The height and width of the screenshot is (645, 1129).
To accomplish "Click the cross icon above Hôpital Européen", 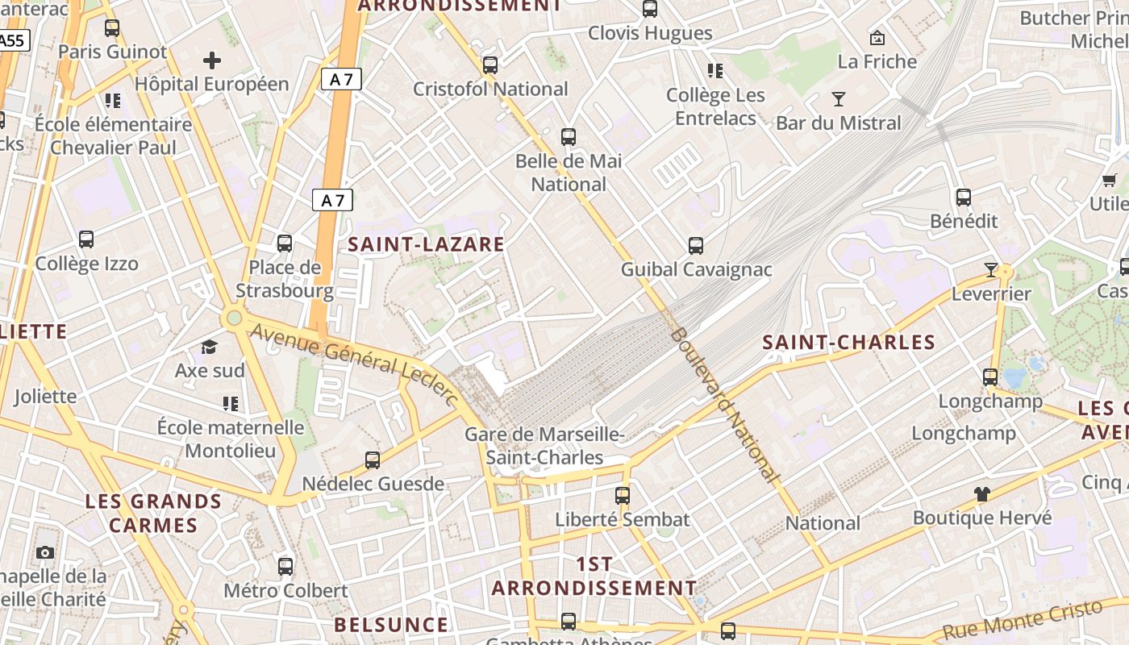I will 212,60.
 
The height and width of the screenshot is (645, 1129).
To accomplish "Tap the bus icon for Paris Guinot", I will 112,28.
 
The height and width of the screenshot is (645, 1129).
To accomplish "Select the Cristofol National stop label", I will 490,89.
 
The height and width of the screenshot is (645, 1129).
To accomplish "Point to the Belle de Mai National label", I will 569,173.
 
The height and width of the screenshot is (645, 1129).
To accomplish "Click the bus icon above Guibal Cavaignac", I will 696,246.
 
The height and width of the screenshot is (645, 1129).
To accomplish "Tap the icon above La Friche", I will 877,37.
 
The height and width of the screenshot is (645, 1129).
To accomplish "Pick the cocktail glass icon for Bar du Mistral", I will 839,99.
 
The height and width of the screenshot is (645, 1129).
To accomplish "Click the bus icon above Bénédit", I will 963,198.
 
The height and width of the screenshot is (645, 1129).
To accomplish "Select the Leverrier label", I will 991,293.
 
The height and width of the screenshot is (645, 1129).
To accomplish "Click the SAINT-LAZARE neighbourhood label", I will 426,245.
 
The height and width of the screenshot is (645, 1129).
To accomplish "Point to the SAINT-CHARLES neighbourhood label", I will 848,342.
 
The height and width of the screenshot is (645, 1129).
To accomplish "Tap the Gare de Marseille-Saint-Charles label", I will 545,446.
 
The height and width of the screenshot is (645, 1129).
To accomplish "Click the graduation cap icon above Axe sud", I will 210,347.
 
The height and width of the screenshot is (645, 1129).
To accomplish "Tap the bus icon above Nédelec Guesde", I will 373,460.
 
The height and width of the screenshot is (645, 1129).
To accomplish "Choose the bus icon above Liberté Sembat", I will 623,496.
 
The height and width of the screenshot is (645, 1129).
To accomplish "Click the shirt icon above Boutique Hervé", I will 981,493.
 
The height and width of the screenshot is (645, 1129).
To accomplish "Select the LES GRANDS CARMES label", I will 142,513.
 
